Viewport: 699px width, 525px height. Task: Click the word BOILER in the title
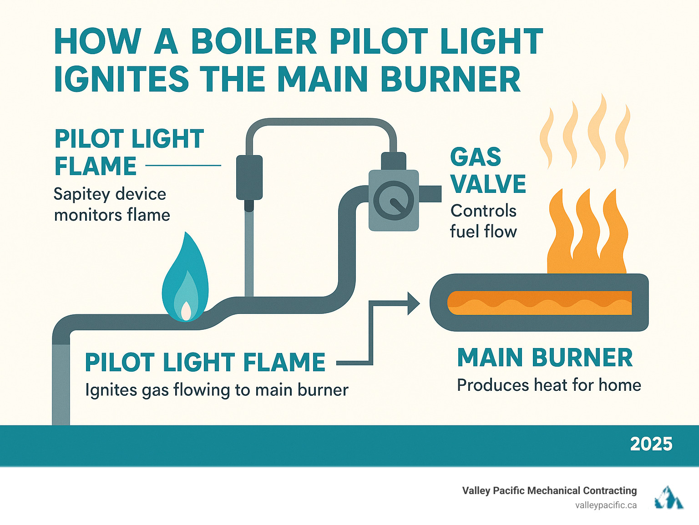[x=253, y=42]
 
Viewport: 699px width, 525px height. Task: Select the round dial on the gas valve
[x=394, y=200]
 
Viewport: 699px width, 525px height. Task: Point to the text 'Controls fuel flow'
[x=483, y=221]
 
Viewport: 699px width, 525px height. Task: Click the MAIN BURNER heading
[x=545, y=358]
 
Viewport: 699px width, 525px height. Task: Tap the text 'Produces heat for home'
[x=549, y=385]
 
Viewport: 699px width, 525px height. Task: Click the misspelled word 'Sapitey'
[x=81, y=194]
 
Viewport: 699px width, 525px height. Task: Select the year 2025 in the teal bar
[x=651, y=444]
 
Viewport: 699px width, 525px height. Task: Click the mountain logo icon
[x=669, y=498]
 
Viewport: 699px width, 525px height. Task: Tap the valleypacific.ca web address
[x=606, y=505]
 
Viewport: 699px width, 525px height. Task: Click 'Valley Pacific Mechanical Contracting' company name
[x=549, y=490]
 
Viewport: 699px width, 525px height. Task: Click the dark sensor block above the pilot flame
[x=249, y=177]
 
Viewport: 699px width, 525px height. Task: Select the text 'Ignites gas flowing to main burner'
[x=217, y=390]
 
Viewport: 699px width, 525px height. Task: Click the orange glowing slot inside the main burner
[x=540, y=303]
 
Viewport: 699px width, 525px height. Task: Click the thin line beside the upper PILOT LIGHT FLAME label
[x=183, y=166]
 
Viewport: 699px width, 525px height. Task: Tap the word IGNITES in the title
[x=121, y=79]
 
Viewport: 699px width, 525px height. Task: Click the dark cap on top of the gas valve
[x=393, y=161]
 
